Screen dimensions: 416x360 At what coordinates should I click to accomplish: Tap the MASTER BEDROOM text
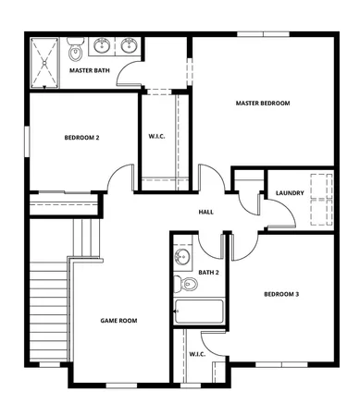[x=262, y=104]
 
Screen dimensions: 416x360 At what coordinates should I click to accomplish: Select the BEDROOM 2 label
[x=81, y=138]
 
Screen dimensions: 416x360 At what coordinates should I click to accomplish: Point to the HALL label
[x=205, y=212]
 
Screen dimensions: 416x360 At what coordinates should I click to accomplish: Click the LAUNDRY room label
[x=290, y=193]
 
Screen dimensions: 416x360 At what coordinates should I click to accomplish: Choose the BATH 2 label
[x=208, y=273]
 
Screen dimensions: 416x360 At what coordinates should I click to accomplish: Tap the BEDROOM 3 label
[x=281, y=294]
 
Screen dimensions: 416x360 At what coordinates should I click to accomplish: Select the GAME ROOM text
[x=118, y=321]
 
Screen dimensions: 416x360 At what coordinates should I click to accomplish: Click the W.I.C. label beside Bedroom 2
[x=156, y=138]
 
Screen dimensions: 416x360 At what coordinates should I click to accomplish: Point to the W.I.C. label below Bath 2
[x=197, y=354]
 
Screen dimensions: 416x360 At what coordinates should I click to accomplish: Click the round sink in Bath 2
[x=182, y=257]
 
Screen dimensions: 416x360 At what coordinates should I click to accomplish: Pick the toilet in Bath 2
[x=181, y=283]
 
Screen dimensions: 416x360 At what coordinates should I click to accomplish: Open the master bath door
[x=132, y=78]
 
